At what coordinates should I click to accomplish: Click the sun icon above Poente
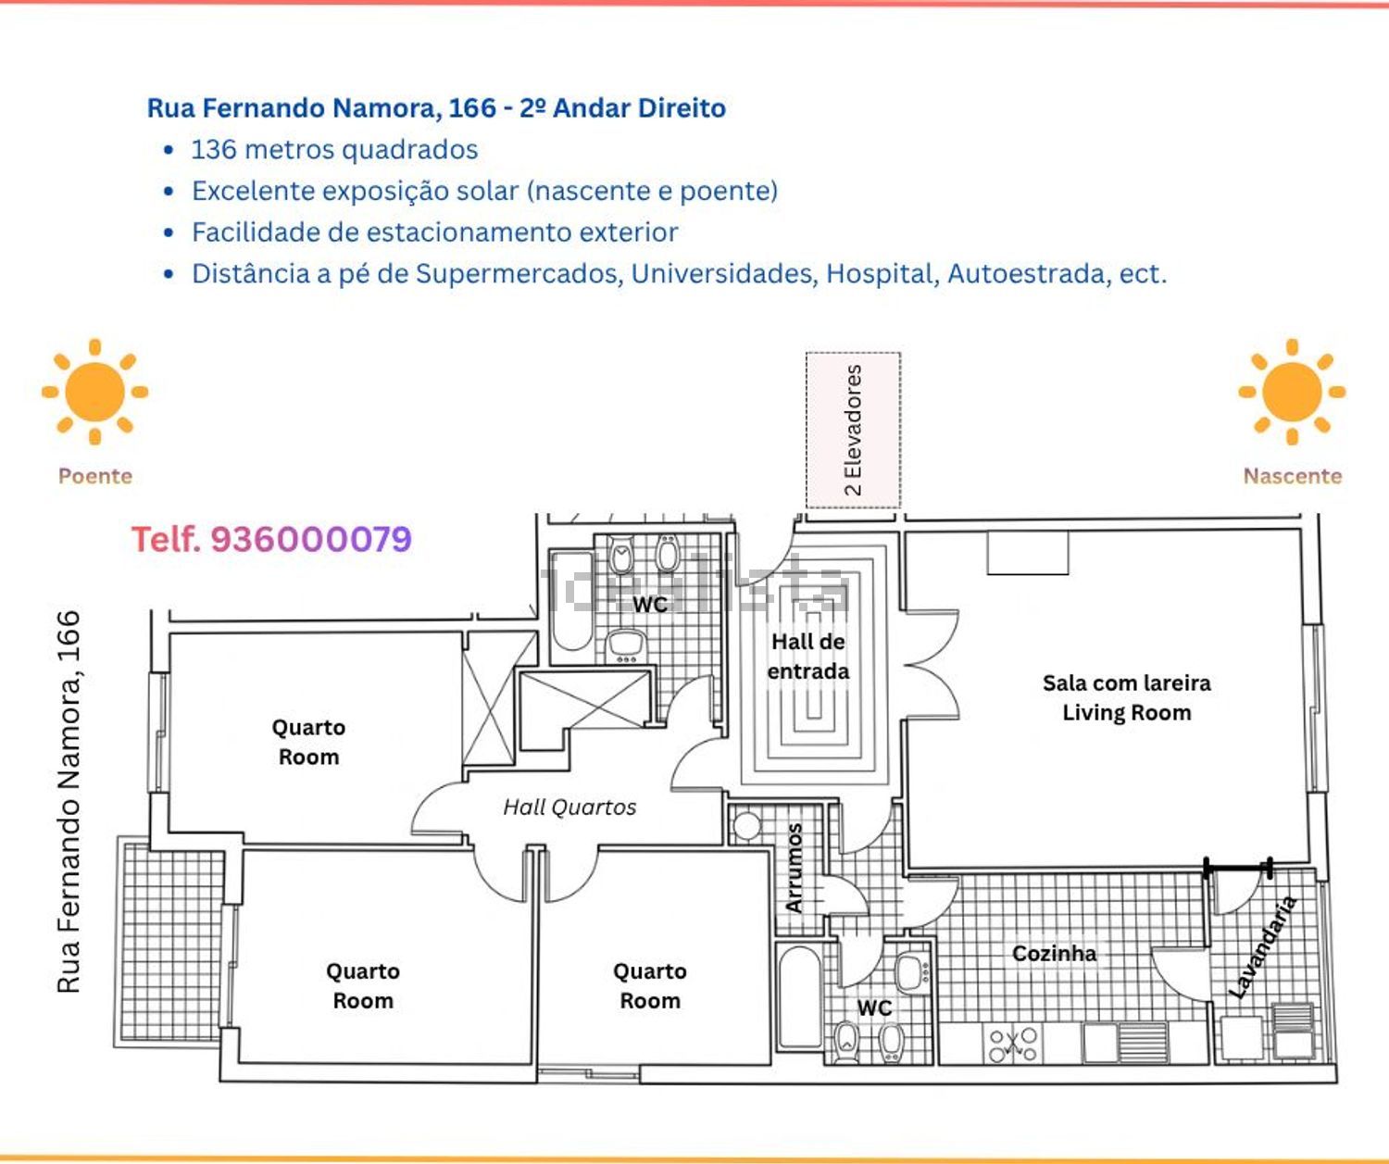coord(95,392)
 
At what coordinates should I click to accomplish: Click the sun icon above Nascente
coord(1292,392)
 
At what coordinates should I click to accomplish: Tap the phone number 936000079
coord(311,540)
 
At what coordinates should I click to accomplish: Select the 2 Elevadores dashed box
coord(853,431)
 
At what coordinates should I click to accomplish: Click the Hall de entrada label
coord(808,657)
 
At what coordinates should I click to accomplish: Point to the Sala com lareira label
coord(1127,683)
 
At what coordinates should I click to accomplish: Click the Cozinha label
coord(1055,954)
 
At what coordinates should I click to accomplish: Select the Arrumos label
coord(795,868)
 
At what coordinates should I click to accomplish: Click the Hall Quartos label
coord(569,807)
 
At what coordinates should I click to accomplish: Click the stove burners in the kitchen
coord(1012,1044)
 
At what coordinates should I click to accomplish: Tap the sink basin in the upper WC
coord(625,644)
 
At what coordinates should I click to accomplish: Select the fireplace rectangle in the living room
coord(1028,553)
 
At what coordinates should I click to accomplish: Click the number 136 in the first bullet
coord(214,150)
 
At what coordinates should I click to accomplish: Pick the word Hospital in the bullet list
coord(882,274)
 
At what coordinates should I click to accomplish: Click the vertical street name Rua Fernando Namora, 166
coord(69,802)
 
